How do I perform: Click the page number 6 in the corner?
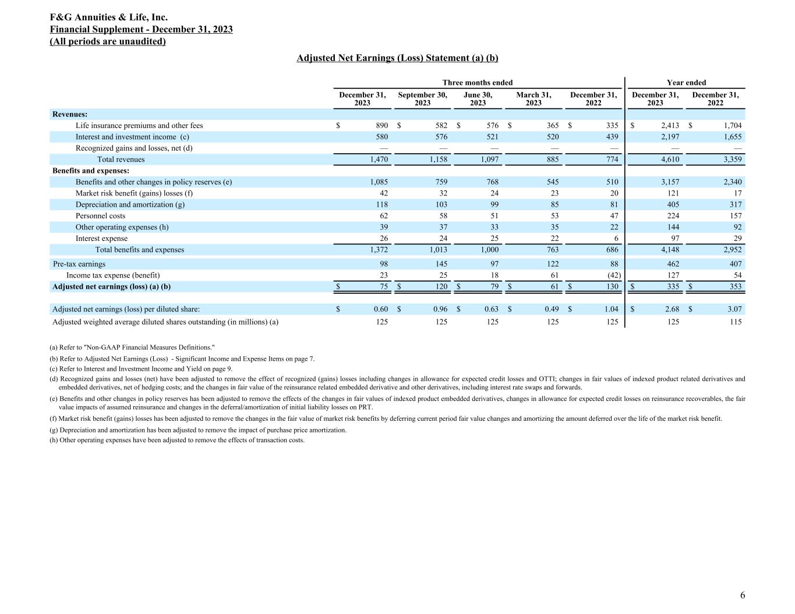[x=742, y=595]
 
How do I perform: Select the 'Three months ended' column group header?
[x=478, y=83]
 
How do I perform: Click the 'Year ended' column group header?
[x=686, y=83]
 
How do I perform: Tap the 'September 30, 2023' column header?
[x=422, y=98]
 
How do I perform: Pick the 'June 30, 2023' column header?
[x=478, y=98]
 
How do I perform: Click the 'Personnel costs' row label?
[x=100, y=216]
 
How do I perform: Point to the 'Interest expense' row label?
[x=101, y=239]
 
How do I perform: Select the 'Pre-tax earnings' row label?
[x=79, y=264]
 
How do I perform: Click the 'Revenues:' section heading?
[x=70, y=115]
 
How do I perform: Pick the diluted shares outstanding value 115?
[x=735, y=321]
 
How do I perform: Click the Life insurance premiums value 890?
[x=381, y=126]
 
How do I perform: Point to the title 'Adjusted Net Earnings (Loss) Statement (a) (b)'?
[x=397, y=58]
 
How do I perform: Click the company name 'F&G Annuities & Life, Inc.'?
[x=109, y=18]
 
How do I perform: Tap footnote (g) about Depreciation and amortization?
[x=198, y=430]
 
